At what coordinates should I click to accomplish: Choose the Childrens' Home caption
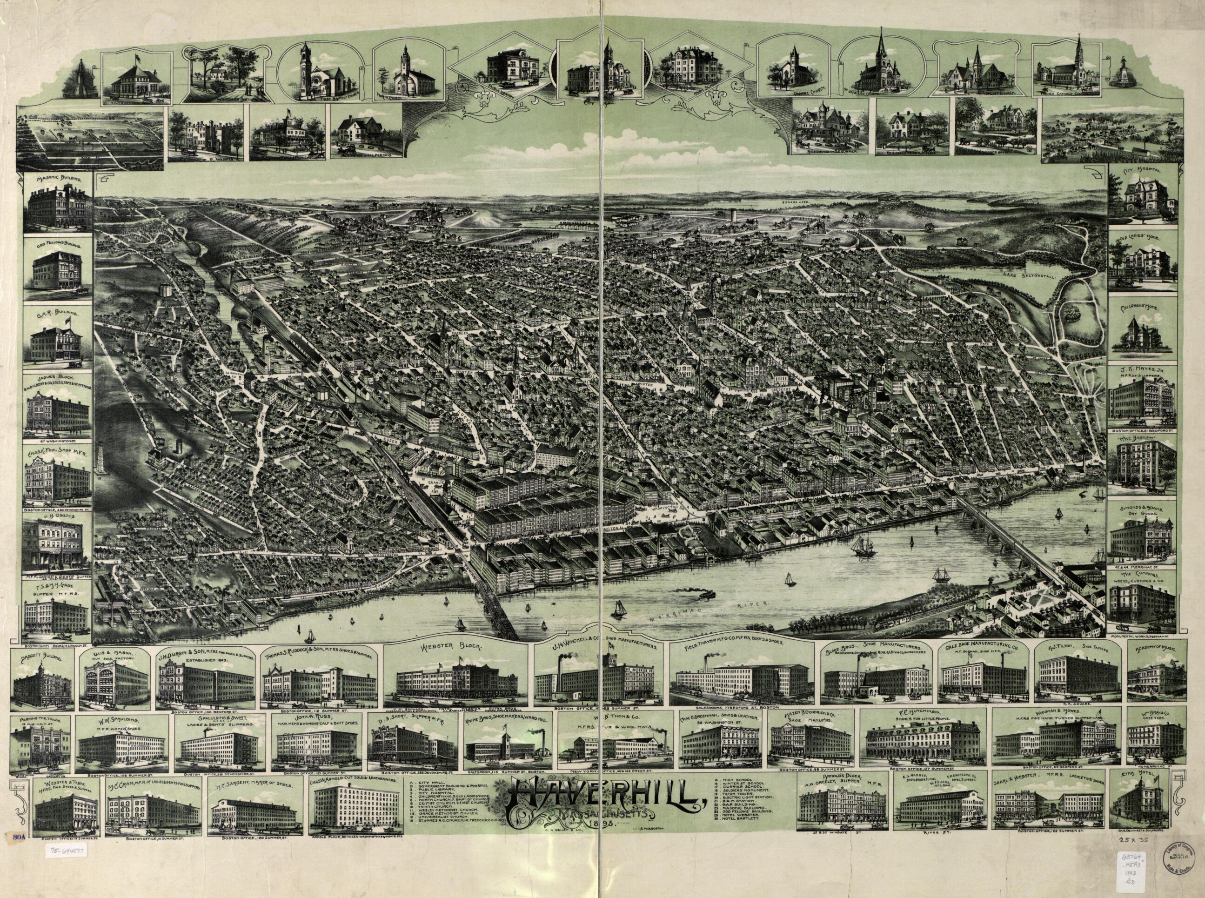tap(1142, 307)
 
